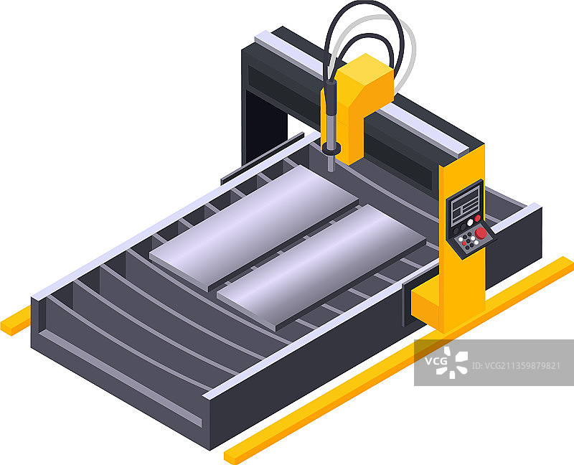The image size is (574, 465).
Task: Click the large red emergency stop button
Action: [x=481, y=233]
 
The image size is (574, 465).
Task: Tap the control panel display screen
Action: [x=465, y=206]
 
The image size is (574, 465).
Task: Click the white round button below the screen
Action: [x=470, y=222]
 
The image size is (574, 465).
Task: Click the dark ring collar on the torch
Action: [x=331, y=149]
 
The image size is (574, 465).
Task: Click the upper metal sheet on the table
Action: [x=254, y=227]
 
